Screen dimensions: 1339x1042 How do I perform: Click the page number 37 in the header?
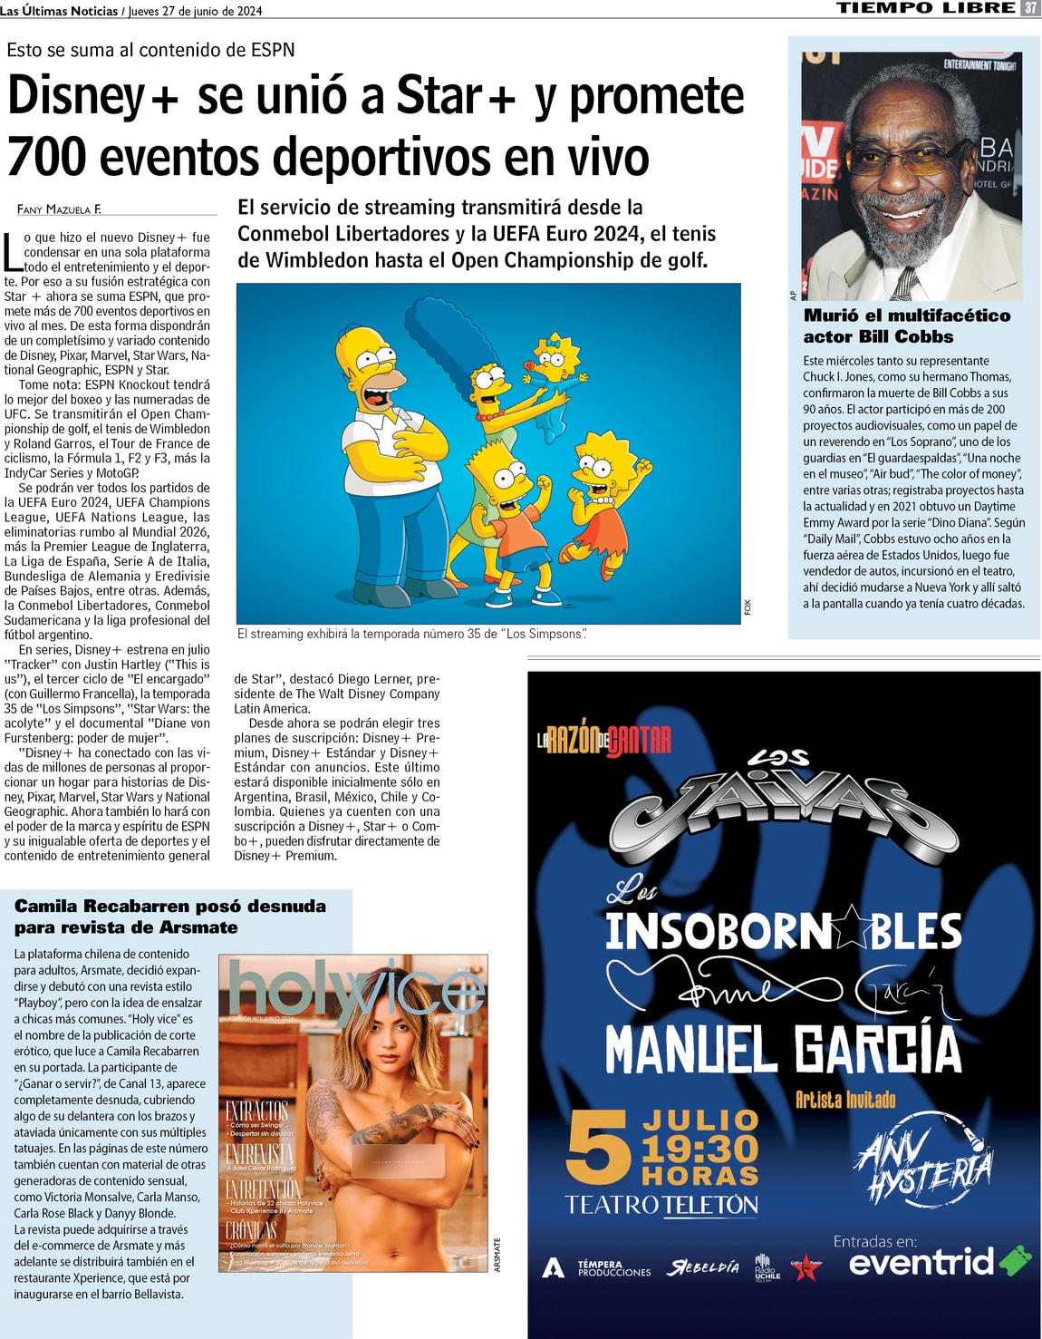[x=1030, y=8]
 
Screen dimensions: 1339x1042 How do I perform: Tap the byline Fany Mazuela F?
[x=59, y=209]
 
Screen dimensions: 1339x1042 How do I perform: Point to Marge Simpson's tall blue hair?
[x=453, y=335]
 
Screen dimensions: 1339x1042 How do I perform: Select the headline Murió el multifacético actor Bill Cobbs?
[x=906, y=325]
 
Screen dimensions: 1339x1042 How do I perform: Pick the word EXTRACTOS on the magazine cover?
[x=256, y=1111]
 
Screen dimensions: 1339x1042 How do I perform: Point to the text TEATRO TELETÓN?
[x=661, y=1205]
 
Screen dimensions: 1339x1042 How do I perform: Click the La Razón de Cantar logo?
[x=604, y=740]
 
